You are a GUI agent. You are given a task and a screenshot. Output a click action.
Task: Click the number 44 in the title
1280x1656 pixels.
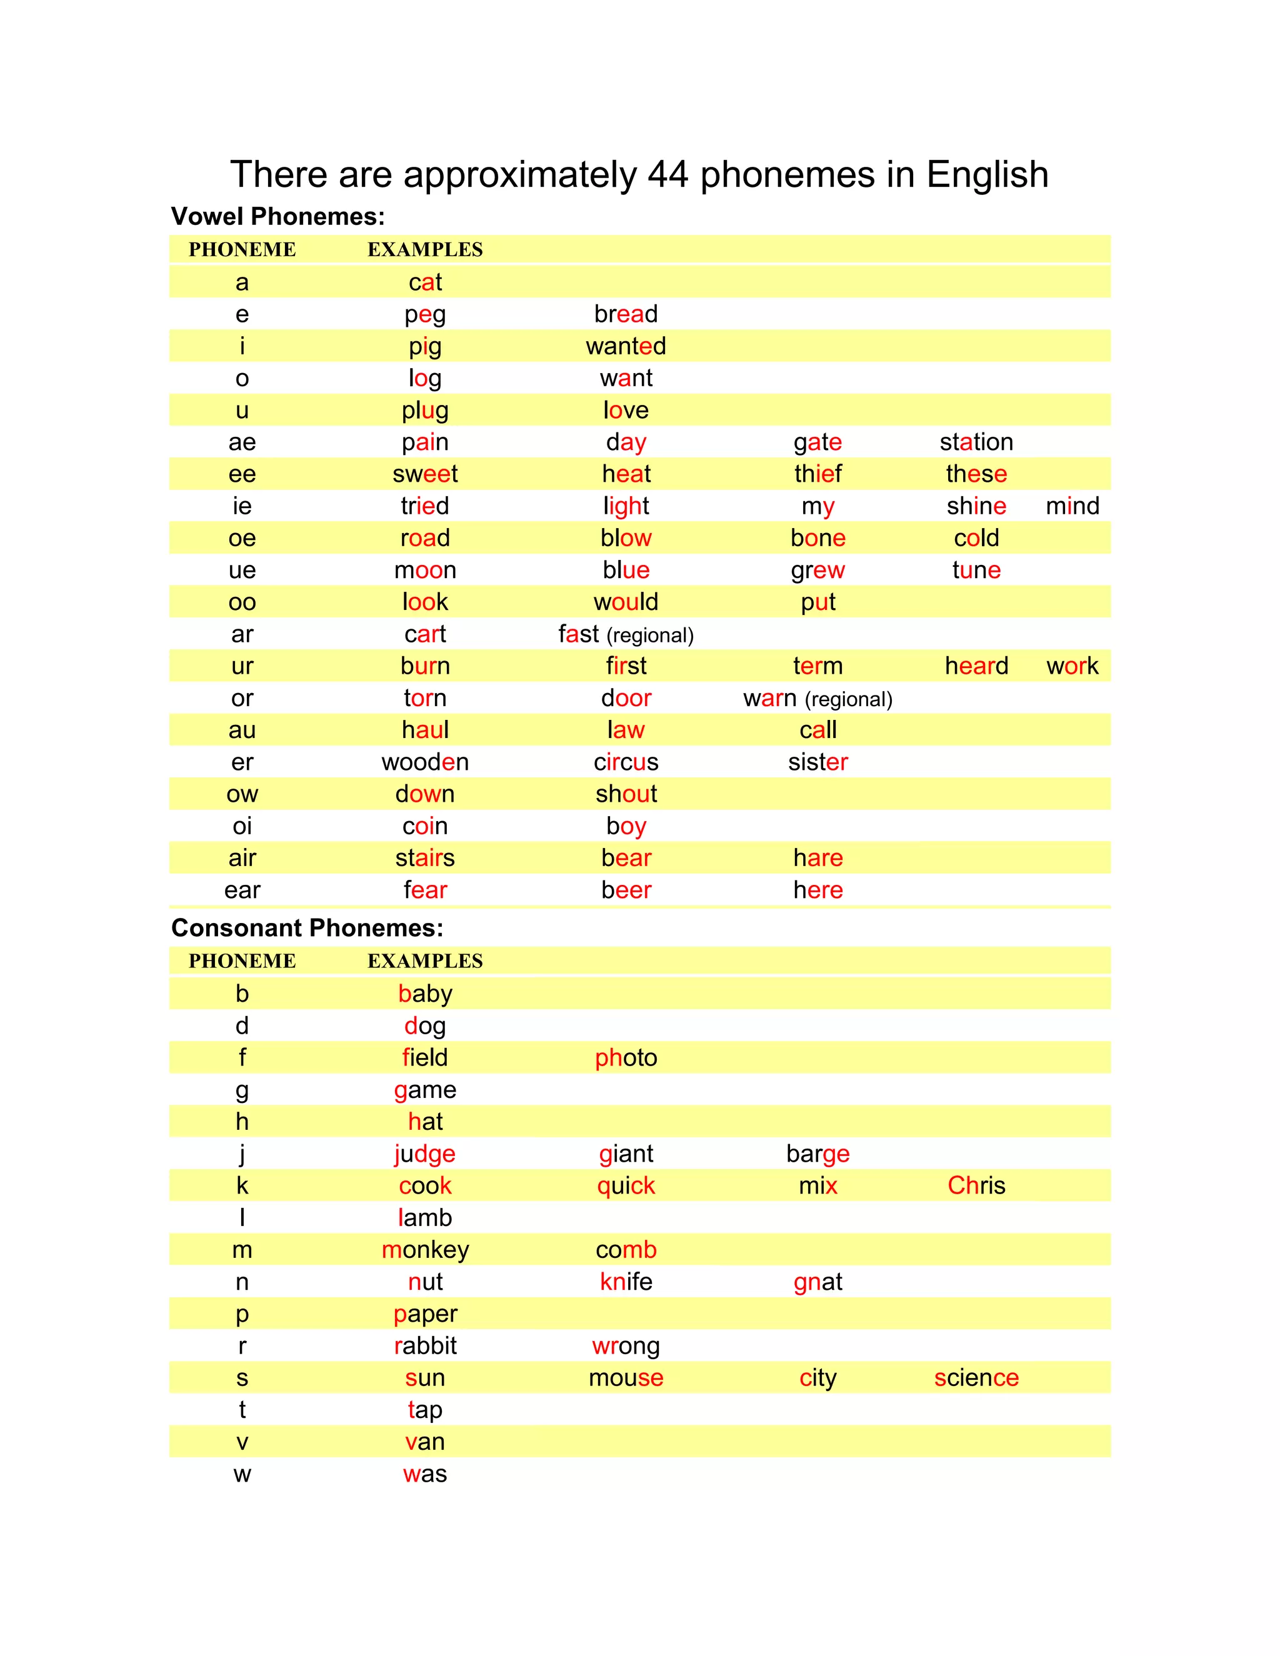click(x=667, y=174)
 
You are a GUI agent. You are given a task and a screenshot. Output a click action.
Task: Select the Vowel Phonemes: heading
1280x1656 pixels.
click(x=277, y=217)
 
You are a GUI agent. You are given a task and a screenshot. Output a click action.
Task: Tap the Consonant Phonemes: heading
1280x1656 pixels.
click(x=307, y=928)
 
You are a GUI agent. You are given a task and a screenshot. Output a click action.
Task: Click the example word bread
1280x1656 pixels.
click(x=626, y=314)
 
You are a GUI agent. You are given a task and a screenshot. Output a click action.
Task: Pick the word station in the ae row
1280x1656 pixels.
click(x=976, y=442)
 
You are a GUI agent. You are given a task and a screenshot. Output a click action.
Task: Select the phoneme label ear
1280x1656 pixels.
click(x=242, y=890)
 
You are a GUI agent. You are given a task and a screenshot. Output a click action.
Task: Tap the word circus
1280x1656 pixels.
click(x=626, y=762)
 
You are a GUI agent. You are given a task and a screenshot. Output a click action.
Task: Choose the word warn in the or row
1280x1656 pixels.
click(x=769, y=699)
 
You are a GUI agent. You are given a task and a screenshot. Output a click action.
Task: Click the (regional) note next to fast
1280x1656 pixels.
click(x=650, y=636)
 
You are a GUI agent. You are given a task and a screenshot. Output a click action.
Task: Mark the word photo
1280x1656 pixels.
click(x=626, y=1058)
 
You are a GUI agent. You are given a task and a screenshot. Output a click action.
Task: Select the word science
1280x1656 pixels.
click(x=976, y=1378)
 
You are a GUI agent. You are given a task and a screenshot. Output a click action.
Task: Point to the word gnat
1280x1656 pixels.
click(x=817, y=1282)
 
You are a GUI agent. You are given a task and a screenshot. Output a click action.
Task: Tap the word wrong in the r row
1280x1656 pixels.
click(x=626, y=1346)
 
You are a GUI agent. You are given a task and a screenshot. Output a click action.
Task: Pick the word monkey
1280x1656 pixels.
click(x=424, y=1250)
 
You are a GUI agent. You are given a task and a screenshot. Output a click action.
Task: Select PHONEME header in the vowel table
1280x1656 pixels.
click(x=242, y=249)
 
